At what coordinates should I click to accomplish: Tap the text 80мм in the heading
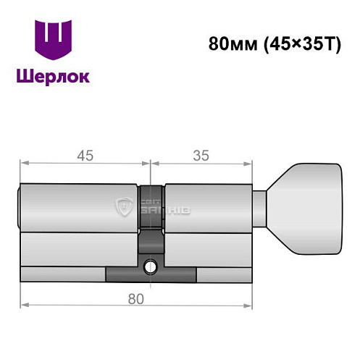[227, 43]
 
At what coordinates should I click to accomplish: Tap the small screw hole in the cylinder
[151, 266]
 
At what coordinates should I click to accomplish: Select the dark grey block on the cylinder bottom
[151, 275]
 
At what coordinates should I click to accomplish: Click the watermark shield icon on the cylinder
[128, 209]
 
